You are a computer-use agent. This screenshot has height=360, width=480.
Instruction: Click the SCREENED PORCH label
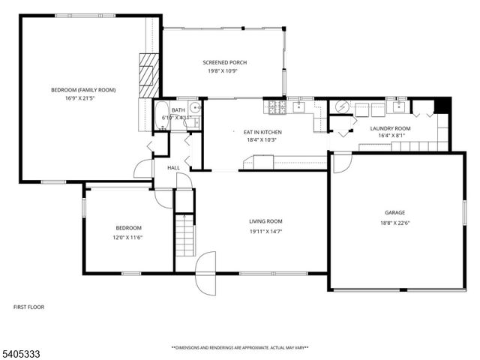pyautogui.click(x=224, y=62)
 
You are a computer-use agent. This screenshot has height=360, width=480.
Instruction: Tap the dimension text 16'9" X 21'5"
pyautogui.click(x=83, y=98)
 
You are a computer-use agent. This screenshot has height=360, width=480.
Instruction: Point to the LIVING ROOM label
pyautogui.click(x=265, y=221)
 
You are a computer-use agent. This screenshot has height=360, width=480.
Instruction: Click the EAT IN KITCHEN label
pyautogui.click(x=262, y=130)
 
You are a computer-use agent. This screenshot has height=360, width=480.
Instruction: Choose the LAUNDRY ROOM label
pyautogui.click(x=391, y=128)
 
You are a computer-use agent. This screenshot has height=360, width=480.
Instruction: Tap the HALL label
pyautogui.click(x=173, y=167)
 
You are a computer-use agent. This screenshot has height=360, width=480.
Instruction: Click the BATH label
pyautogui.click(x=178, y=110)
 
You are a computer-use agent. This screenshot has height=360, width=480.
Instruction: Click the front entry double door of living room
pyautogui.click(x=205, y=274)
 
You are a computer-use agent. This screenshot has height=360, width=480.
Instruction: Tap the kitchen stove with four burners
pyautogui.click(x=278, y=107)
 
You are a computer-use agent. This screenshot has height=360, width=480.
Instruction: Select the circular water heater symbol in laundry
pyautogui.click(x=342, y=107)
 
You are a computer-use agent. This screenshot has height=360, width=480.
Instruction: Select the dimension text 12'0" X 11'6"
pyautogui.click(x=128, y=237)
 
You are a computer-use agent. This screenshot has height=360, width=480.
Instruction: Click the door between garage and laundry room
pyautogui.click(x=341, y=160)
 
